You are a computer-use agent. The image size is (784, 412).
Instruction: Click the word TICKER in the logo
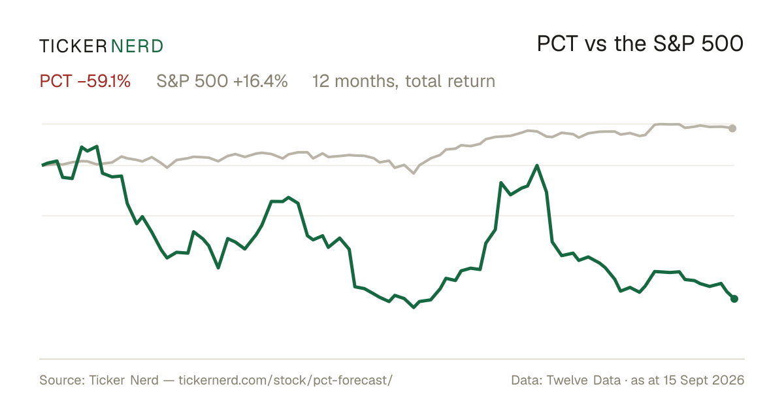coord(73,46)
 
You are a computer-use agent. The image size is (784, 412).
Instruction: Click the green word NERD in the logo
coord(137,46)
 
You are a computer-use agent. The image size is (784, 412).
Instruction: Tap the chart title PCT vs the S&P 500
coord(640,44)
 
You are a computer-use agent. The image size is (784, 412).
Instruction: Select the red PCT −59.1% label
coord(85,81)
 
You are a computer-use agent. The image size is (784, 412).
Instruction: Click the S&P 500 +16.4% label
coord(222,81)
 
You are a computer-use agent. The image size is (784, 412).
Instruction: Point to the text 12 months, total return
coord(404,82)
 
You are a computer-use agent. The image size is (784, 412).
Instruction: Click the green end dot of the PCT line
coord(734,298)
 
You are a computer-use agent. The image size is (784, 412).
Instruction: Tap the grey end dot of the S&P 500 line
coord(732,129)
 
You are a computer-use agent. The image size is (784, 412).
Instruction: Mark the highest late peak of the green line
coord(537,165)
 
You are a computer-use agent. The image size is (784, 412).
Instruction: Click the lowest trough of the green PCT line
coord(414,307)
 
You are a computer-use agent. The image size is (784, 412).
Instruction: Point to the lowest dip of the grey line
coord(414,173)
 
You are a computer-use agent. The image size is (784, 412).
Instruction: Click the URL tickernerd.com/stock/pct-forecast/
coord(286,380)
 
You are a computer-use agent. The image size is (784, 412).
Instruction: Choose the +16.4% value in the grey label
coord(260,81)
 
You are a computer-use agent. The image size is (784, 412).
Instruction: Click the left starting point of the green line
coord(42,165)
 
